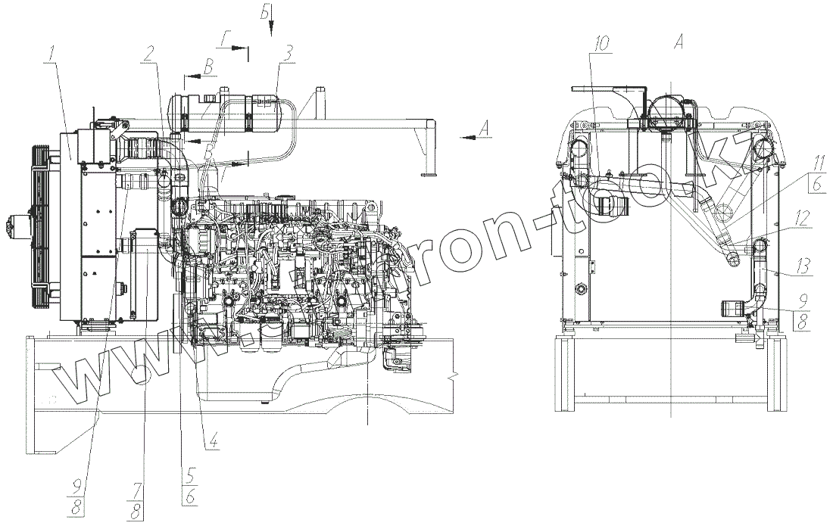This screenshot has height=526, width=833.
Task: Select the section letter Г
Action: pyautogui.click(x=227, y=39)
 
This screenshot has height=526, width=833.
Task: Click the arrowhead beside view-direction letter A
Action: pyautogui.click(x=463, y=137)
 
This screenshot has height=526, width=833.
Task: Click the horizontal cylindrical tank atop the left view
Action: pyautogui.click(x=227, y=112)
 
